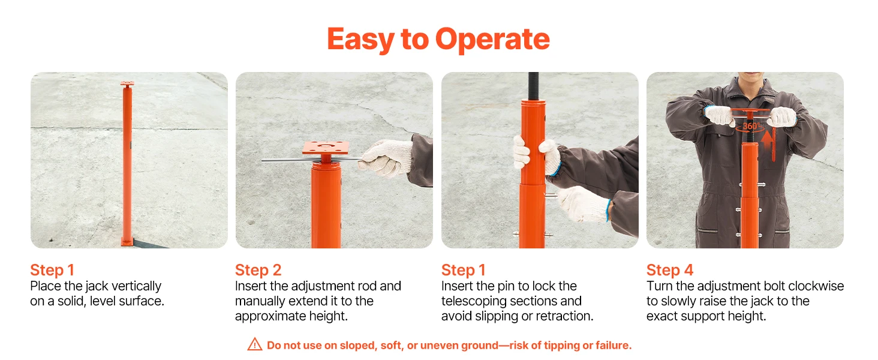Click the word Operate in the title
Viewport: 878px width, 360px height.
click(492, 39)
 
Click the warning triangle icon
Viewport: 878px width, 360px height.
click(255, 344)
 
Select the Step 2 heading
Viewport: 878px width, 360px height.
click(258, 270)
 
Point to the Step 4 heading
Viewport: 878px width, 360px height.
click(669, 270)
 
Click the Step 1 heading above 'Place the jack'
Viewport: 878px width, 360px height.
click(52, 270)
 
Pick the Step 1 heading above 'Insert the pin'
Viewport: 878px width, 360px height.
click(464, 270)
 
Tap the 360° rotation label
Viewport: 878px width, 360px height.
click(751, 126)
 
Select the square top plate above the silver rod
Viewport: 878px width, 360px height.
click(325, 148)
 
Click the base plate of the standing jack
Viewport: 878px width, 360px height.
click(127, 242)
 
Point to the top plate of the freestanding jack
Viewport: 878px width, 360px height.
click(127, 85)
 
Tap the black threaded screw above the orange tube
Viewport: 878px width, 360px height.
click(533, 86)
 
